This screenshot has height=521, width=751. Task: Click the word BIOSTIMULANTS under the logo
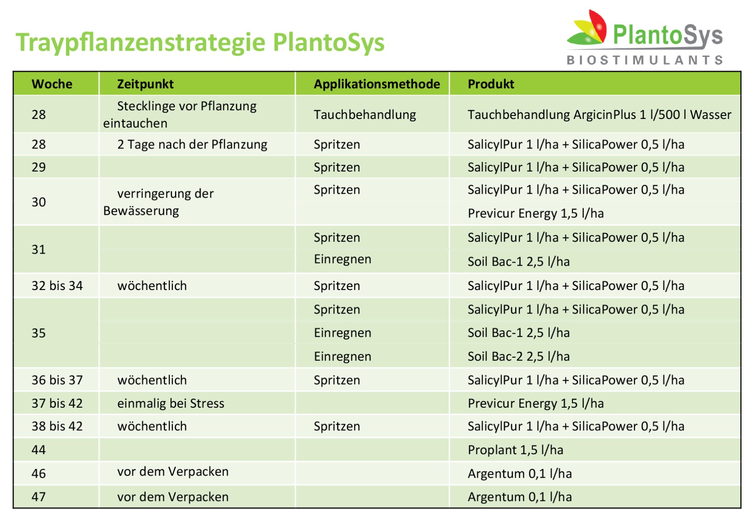(645, 60)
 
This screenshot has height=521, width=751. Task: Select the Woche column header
(52, 84)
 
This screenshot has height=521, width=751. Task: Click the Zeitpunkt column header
(146, 84)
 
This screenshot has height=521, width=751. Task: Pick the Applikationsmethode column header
(377, 84)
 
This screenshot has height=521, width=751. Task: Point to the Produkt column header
(491, 84)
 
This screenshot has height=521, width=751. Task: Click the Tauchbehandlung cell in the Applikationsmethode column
(365, 115)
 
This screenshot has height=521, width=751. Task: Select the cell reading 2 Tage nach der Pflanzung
(192, 145)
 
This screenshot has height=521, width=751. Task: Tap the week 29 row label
(39, 167)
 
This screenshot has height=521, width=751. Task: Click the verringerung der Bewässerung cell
(159, 202)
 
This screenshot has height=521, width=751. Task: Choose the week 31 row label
(39, 249)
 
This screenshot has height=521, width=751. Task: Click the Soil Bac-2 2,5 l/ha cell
(519, 356)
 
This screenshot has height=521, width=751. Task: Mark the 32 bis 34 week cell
(57, 286)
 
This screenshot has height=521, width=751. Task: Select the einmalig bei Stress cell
(171, 403)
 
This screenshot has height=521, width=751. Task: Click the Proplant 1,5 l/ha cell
(516, 450)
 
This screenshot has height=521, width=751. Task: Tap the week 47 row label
(39, 497)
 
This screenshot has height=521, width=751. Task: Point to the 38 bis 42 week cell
(57, 426)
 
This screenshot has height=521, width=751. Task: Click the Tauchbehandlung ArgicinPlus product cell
(599, 115)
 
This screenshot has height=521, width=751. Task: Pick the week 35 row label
(39, 333)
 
